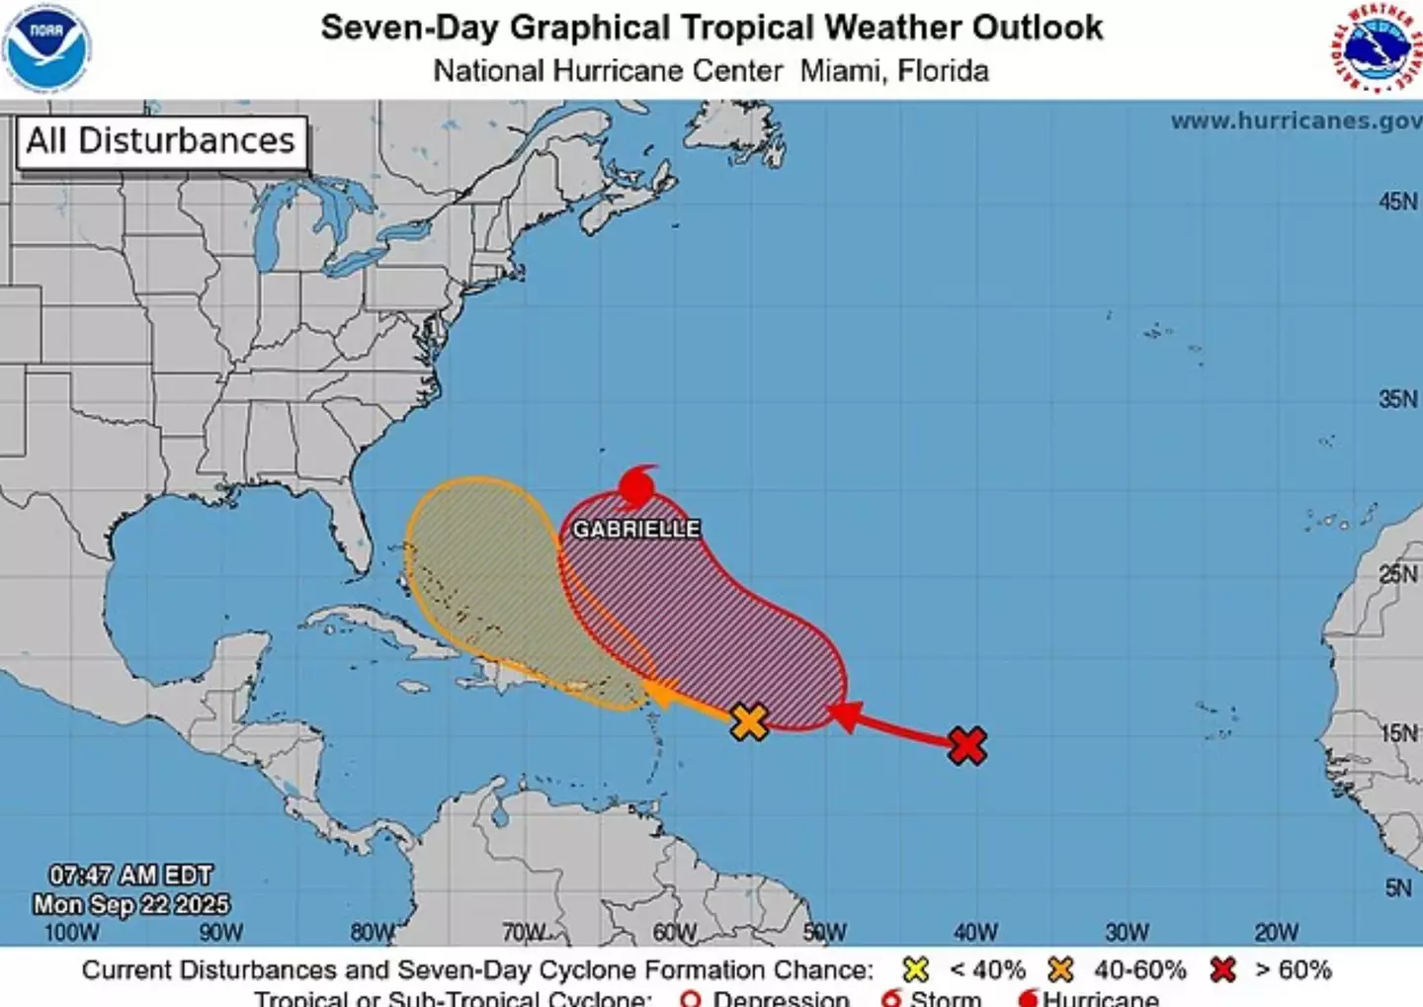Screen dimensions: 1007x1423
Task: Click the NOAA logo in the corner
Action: point(46,48)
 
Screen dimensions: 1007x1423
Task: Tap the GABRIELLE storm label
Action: point(636,530)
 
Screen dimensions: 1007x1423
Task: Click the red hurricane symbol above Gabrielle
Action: point(637,487)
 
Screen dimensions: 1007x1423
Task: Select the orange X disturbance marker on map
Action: point(750,722)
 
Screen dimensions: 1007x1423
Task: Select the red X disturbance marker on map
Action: point(967,745)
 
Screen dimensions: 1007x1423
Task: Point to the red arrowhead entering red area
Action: point(844,714)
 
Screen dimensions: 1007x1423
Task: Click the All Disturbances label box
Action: point(161,141)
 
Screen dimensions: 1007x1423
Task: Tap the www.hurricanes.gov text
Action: point(1296,122)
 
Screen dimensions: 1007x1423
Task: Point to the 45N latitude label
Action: point(1397,202)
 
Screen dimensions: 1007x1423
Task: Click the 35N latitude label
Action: point(1397,399)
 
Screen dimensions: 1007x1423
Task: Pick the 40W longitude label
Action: point(974,932)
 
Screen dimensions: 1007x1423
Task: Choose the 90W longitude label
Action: point(220,932)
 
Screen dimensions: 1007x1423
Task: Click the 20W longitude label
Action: point(1276,932)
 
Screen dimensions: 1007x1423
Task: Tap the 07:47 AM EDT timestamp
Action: point(130,876)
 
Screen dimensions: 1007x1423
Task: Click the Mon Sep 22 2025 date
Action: point(130,904)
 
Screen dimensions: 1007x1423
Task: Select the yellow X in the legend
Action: point(916,970)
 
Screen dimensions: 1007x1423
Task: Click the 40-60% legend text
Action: point(1139,970)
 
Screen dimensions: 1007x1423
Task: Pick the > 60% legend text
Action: point(1293,970)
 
